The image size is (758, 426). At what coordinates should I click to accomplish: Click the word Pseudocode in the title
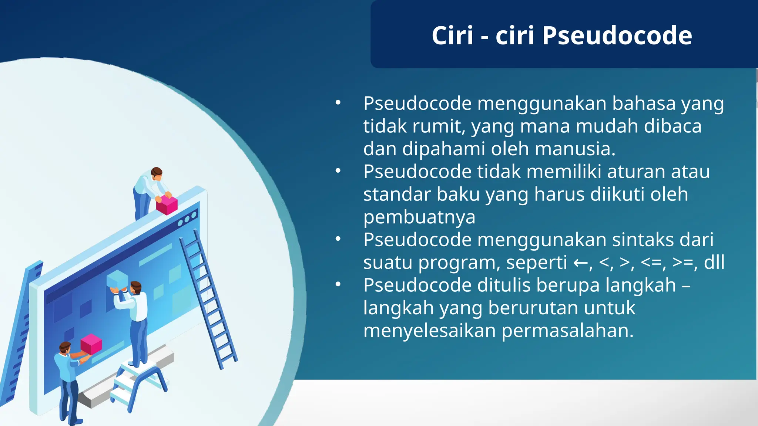coord(617,36)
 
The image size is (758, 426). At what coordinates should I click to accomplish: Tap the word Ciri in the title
coord(452,36)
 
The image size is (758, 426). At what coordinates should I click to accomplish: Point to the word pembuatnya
coord(419,217)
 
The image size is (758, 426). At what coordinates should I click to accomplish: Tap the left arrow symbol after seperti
coord(580,263)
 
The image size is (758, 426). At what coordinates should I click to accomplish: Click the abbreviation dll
coord(714,263)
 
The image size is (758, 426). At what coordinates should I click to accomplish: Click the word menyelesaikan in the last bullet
coord(429,331)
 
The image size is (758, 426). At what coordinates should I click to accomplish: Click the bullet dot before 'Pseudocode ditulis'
coord(338,284)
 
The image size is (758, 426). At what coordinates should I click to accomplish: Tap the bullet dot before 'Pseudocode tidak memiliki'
coord(338,171)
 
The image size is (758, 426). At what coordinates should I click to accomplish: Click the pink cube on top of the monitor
coord(167,205)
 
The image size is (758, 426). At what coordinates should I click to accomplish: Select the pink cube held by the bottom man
coord(91,344)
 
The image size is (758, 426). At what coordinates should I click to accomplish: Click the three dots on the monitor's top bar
coord(187,219)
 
